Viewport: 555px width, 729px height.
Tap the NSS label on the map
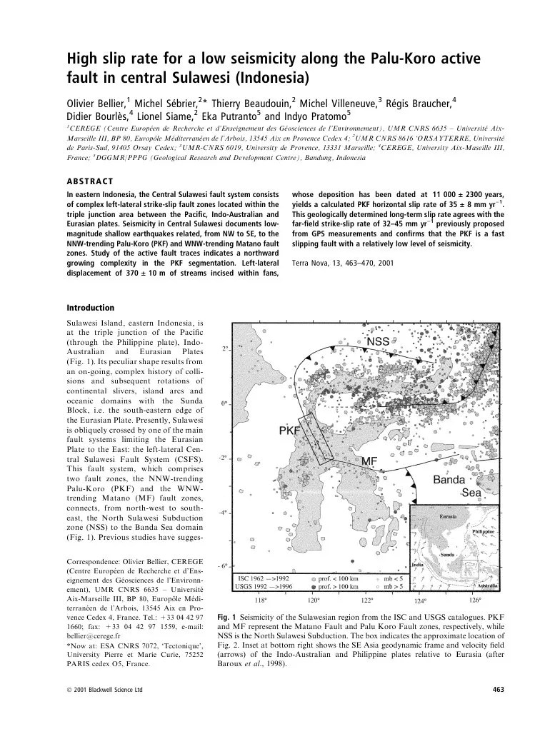[377, 342]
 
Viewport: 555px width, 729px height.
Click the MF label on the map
[369, 461]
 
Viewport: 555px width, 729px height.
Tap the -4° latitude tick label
[223, 512]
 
